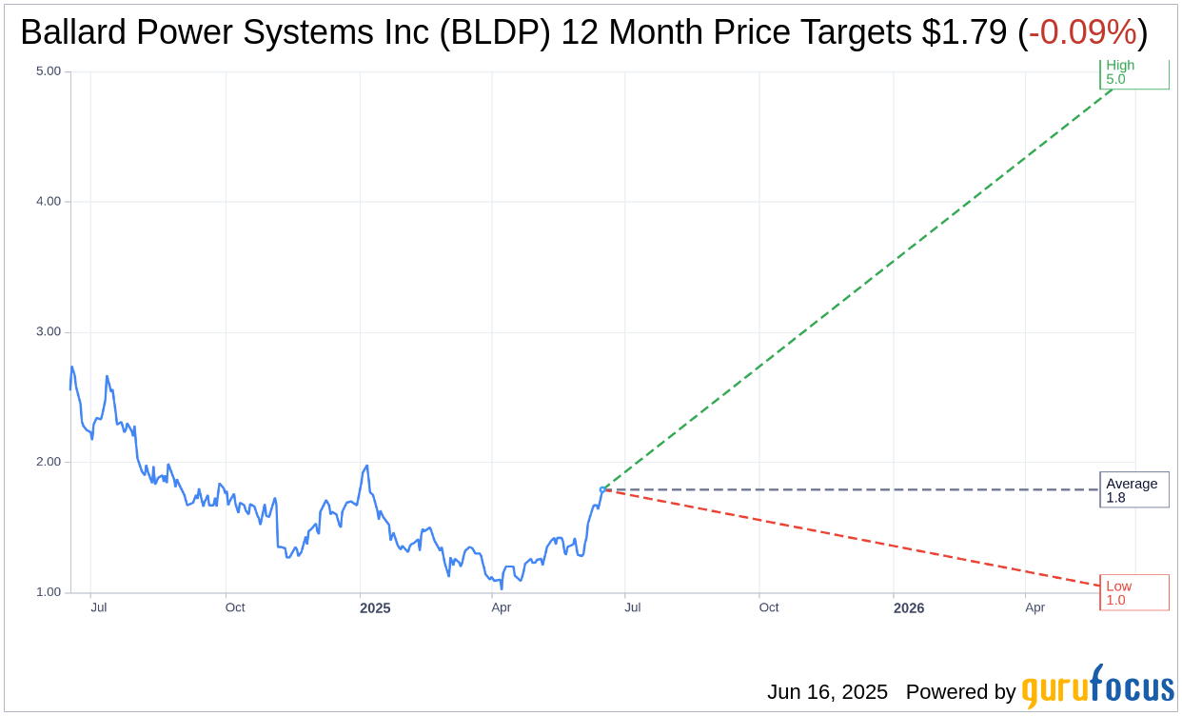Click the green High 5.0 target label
click(1133, 73)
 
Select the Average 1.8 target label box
click(1133, 489)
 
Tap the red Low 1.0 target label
click(1133, 592)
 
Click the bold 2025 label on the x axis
click(375, 607)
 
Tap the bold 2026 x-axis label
click(909, 607)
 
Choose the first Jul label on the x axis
click(98, 607)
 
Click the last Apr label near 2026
click(1034, 607)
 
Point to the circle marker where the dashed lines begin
click(601, 489)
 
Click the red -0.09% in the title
click(1082, 33)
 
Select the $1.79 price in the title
click(964, 33)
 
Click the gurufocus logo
click(1097, 687)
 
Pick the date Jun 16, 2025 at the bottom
click(827, 692)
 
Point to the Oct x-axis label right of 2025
click(768, 607)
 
